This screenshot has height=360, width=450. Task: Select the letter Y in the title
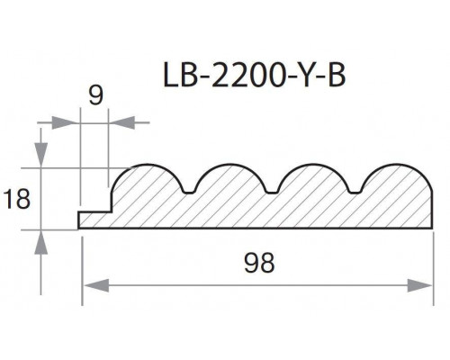coord(301,76)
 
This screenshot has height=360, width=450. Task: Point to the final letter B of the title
coord(332,76)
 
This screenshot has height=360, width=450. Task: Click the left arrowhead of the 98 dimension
coord(91,285)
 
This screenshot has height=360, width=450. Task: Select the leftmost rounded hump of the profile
coord(146,180)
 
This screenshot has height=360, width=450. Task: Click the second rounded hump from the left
coord(229,180)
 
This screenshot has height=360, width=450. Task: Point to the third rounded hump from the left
coord(314,180)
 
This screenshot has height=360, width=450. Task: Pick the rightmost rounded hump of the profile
coord(396,180)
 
